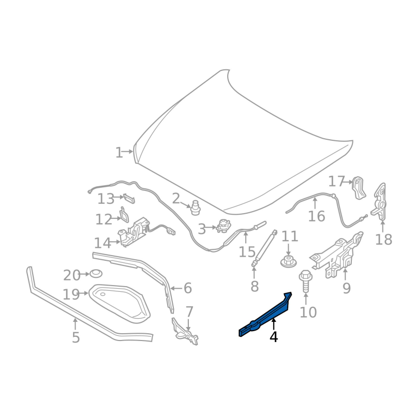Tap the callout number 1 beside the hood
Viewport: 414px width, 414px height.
(x=119, y=153)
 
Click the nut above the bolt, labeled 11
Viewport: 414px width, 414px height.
(x=288, y=262)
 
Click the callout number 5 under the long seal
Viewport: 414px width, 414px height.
(x=76, y=338)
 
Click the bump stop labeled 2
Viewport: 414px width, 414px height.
(x=195, y=206)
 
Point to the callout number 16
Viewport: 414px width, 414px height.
(x=316, y=216)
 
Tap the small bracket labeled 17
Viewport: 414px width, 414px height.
(x=358, y=188)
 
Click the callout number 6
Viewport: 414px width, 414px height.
(x=187, y=288)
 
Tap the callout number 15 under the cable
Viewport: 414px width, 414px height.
(x=247, y=252)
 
